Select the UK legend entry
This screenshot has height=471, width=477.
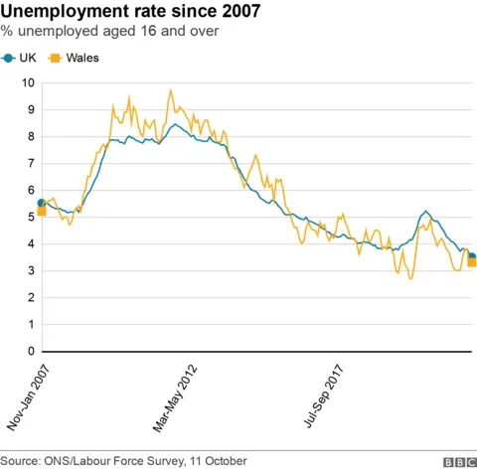tap(21, 58)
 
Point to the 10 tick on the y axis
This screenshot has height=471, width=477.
tap(30, 82)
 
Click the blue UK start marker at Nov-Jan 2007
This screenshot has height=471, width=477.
tap(42, 203)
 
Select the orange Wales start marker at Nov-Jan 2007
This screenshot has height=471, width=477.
tap(42, 211)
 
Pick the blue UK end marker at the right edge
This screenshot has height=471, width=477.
tap(471, 256)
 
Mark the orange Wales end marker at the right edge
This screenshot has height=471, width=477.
tap(471, 262)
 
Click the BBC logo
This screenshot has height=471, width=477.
tap(457, 462)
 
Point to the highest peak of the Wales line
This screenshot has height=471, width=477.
tap(171, 90)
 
